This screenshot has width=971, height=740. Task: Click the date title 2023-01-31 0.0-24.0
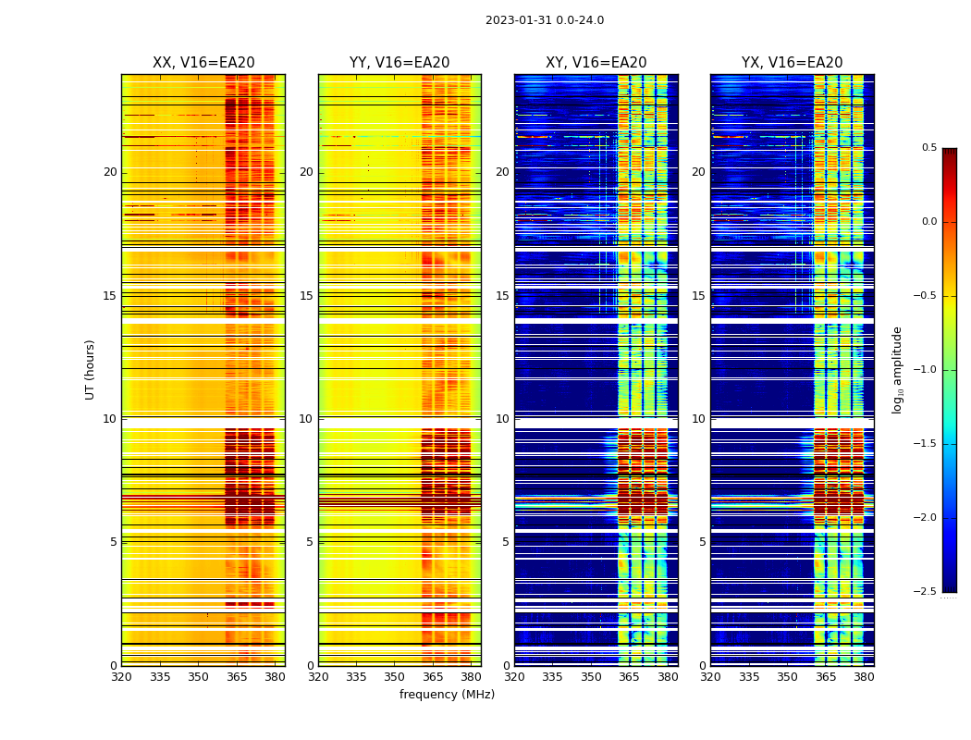pyautogui.click(x=544, y=20)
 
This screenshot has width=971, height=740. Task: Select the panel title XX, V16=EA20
pyautogui.click(x=203, y=63)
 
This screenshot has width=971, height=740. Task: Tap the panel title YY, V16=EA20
pyautogui.click(x=399, y=63)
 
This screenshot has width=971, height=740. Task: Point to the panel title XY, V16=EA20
pyautogui.click(x=596, y=63)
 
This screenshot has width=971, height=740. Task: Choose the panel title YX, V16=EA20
pyautogui.click(x=792, y=63)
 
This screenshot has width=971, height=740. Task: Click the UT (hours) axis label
pyautogui.click(x=90, y=369)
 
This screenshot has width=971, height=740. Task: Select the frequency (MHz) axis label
pyautogui.click(x=447, y=695)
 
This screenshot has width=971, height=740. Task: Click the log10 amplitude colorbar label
pyautogui.click(x=897, y=369)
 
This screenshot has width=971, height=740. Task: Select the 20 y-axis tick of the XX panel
pyautogui.click(x=110, y=172)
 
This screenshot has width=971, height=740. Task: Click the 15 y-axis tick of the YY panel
pyautogui.click(x=306, y=296)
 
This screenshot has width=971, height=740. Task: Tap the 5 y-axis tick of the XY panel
pyautogui.click(x=505, y=542)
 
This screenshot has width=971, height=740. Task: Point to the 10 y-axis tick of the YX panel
pyautogui.click(x=698, y=419)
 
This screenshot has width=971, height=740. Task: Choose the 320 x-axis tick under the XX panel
pyautogui.click(x=121, y=677)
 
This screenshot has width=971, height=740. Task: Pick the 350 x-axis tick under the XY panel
pyautogui.click(x=591, y=677)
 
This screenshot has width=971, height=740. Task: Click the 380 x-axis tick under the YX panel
pyautogui.click(x=864, y=677)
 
